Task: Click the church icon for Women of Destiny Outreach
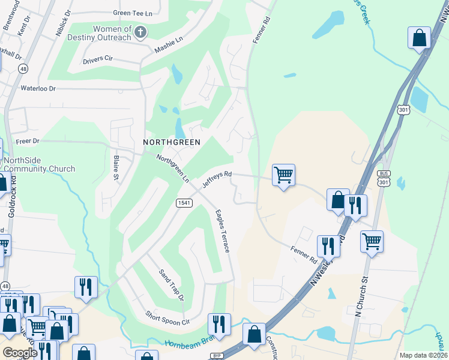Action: tap(140, 32)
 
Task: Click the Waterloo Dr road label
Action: tap(38, 88)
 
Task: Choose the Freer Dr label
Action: tap(27, 142)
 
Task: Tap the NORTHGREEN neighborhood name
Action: tap(171, 142)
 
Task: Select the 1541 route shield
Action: tap(184, 203)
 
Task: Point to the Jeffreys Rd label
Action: tap(217, 179)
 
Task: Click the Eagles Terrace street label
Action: tap(222, 230)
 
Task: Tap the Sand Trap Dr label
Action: tap(171, 284)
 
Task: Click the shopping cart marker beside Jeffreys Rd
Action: tap(283, 175)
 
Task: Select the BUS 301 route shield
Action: tap(384, 178)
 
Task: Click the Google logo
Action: tap(20, 352)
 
